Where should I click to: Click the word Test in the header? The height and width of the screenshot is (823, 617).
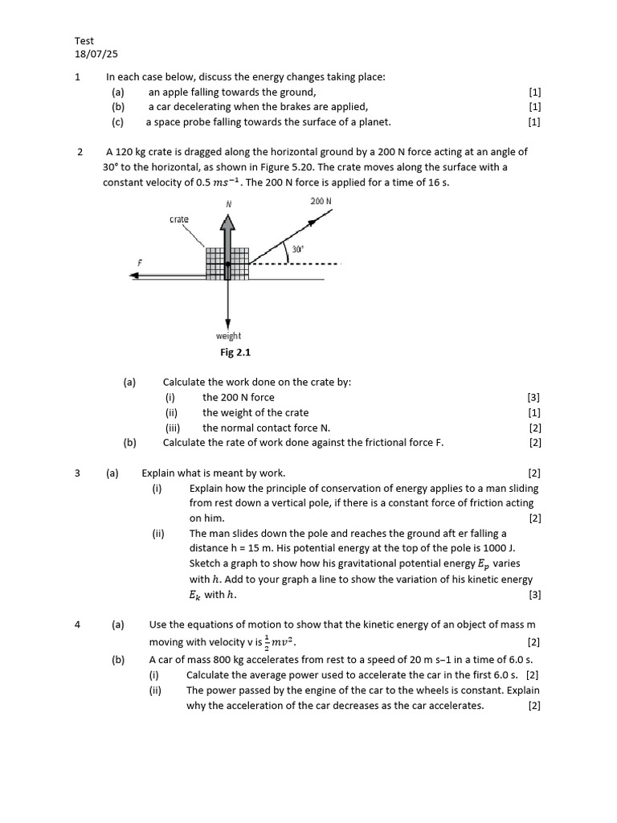point(84,40)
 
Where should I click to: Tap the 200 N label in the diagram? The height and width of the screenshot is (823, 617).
point(321,201)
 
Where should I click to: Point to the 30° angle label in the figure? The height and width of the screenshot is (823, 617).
point(298,249)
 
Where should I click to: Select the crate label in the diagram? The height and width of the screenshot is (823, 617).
point(179,219)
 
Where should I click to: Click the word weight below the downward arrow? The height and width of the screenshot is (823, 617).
point(228,336)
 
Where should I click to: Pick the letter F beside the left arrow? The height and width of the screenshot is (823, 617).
point(140,262)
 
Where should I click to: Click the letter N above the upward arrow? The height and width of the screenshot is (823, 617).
point(229,204)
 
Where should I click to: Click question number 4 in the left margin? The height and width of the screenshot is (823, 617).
point(78,624)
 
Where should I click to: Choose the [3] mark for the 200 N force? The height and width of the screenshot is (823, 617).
point(533,397)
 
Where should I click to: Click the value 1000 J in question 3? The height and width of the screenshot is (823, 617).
point(504,549)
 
